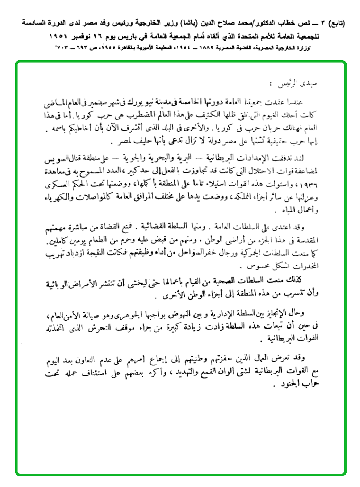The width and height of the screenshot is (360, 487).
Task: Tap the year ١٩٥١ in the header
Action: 61,35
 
